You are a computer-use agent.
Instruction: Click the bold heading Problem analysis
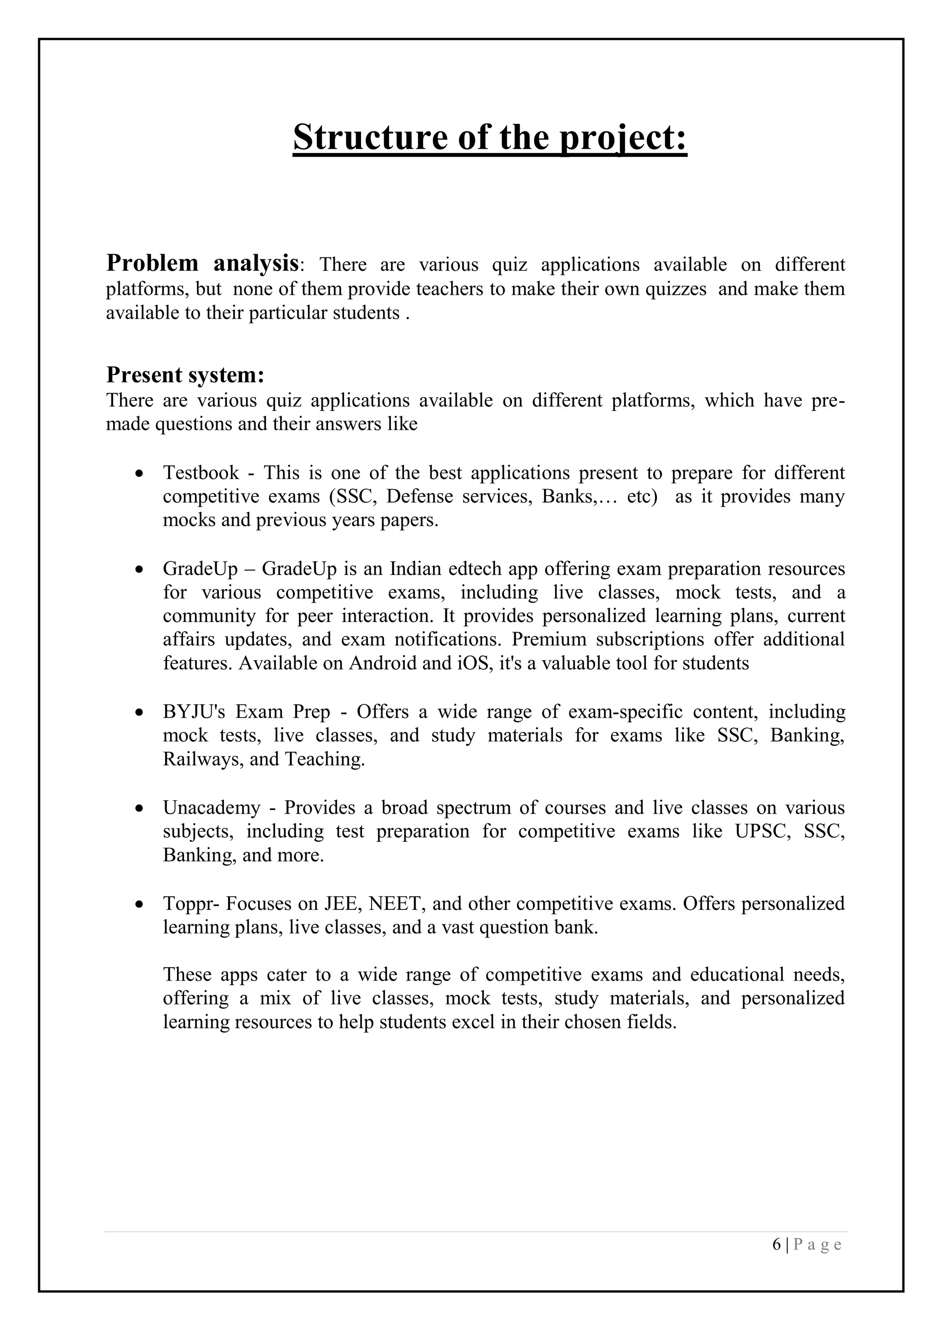pyautogui.click(x=202, y=264)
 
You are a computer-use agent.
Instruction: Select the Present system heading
pyautogui.click(x=185, y=375)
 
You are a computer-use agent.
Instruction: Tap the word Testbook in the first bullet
pyautogui.click(x=201, y=473)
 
